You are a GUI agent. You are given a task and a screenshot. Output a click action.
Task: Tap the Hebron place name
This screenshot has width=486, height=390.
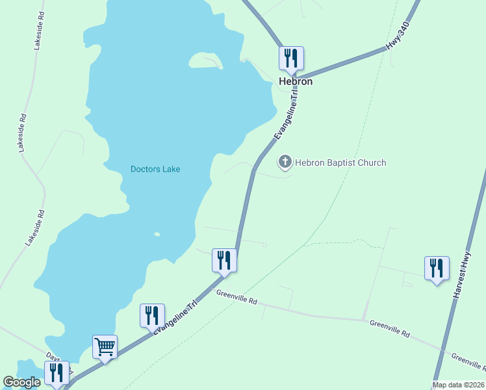click(296, 82)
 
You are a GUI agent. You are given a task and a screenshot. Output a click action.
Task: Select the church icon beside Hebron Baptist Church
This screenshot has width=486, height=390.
click(285, 162)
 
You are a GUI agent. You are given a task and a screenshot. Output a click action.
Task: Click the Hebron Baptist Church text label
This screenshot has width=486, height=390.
click(341, 162)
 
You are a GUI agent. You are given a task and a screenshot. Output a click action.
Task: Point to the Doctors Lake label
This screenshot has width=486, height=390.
click(155, 169)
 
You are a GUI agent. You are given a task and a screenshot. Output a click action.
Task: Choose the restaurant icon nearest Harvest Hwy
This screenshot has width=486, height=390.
click(437, 268)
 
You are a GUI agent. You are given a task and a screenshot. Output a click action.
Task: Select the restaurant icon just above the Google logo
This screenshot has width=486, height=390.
click(57, 373)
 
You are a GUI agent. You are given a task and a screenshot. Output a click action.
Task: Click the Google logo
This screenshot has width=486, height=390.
click(21, 382)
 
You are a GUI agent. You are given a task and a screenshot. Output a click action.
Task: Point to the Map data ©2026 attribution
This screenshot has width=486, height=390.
click(459, 385)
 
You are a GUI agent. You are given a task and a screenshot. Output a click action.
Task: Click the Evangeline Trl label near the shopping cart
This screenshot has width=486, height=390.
click(175, 317)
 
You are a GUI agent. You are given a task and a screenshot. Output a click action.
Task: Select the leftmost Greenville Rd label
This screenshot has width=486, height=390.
click(237, 297)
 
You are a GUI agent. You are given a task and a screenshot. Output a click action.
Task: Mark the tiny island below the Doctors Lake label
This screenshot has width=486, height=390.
click(157, 234)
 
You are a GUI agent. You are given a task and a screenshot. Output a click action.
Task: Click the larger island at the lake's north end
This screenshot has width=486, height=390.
click(205, 60)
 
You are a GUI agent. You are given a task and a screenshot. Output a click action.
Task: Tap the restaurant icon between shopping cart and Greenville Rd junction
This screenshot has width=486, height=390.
click(152, 315)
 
